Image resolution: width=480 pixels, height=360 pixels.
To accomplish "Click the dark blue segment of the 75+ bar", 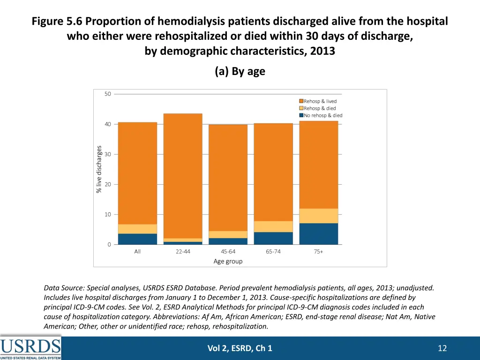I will click(x=318, y=233).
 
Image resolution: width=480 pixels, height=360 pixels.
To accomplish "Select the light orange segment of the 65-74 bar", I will click(x=273, y=226).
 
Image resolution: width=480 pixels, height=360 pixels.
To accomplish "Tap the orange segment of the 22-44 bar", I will click(x=183, y=176).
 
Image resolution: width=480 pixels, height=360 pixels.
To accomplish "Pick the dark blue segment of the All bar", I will click(x=137, y=239).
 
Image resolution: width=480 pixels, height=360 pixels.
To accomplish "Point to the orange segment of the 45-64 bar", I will click(x=228, y=178).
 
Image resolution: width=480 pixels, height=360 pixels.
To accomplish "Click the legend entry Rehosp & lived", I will click(x=320, y=101).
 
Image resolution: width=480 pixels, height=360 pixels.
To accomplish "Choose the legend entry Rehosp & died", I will click(x=320, y=108).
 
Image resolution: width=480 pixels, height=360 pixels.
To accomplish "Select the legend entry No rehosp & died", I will click(x=323, y=115).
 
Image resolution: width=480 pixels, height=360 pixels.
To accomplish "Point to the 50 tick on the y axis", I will click(x=108, y=94).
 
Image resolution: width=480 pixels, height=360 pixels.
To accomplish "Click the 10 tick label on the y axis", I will click(x=108, y=214).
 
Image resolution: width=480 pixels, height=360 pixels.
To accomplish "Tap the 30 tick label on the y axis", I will click(x=108, y=154).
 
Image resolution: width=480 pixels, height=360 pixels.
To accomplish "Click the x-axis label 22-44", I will click(x=183, y=252).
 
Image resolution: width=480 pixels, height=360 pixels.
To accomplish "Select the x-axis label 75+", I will click(x=318, y=252).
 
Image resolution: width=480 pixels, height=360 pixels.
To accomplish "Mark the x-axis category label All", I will click(x=137, y=252).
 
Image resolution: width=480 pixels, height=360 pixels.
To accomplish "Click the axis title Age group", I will click(x=228, y=261).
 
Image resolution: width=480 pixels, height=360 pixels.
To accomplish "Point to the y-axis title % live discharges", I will click(x=99, y=169).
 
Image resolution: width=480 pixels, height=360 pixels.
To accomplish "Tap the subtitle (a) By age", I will click(x=240, y=71).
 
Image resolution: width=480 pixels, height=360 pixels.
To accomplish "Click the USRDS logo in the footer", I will click(x=30, y=348).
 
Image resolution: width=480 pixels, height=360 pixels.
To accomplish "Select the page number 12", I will click(x=442, y=348).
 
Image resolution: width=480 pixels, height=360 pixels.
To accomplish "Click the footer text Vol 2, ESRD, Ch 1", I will click(x=240, y=348).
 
